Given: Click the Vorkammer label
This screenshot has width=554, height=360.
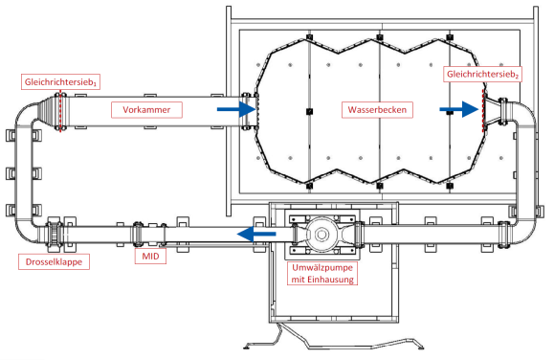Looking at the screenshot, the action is pos(146,109).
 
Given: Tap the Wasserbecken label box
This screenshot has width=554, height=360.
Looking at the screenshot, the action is pos(377,109).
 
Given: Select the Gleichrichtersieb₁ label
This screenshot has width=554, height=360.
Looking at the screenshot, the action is pos(60,82).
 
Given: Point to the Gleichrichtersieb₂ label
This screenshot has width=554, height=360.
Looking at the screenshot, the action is pos(482,75).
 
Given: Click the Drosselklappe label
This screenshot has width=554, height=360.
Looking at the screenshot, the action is pos(54,262).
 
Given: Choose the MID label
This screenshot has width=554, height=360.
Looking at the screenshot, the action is pos(150,256).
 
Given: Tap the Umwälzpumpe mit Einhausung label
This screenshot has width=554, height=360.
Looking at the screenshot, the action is pos(322,274).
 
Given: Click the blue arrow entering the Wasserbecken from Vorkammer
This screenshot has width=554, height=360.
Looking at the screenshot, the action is pos(236,109).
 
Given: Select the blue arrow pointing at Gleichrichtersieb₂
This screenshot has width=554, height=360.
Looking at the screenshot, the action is pos(459,109).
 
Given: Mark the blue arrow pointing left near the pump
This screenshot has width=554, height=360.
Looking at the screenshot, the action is pos(256,234).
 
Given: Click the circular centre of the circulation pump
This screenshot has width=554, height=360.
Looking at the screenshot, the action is pos(321,235).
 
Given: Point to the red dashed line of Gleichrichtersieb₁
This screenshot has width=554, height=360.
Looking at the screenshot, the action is pos(60,111).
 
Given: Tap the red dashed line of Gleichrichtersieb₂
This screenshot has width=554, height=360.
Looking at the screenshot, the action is pos(483,110).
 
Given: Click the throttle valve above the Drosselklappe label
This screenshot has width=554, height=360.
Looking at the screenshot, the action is pos(55,234).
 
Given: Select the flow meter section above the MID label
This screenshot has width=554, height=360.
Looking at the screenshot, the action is pos(150,235).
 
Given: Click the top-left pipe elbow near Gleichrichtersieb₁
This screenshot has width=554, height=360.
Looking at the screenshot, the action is pos(26,115).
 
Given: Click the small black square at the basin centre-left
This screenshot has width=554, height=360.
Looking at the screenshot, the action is pos(309,111).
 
